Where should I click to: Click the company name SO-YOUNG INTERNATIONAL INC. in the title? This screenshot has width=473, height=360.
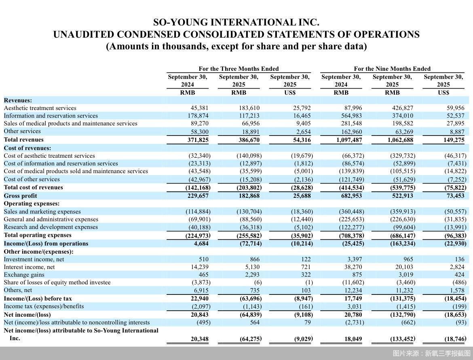click(236, 22)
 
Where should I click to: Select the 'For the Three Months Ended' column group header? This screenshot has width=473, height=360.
click(239, 69)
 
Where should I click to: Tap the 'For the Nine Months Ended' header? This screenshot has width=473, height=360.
click(392, 69)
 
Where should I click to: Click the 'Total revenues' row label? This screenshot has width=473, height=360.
click(24, 140)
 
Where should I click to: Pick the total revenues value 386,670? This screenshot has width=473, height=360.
click(249, 140)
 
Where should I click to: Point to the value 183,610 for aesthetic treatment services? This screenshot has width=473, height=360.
click(249, 108)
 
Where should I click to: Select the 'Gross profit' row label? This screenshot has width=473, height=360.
click(20, 196)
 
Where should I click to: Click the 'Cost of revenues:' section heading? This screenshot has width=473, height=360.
click(27, 148)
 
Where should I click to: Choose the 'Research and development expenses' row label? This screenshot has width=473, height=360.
click(51, 227)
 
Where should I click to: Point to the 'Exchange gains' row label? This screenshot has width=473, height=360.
click(24, 275)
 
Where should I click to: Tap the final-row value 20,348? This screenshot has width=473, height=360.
click(200, 339)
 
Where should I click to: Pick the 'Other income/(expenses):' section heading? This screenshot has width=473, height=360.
click(39, 252)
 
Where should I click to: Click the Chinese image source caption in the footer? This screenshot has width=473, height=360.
click(431, 354)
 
